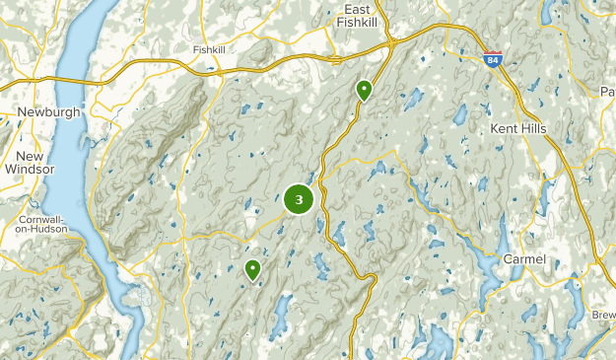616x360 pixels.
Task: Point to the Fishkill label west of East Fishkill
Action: point(210,49)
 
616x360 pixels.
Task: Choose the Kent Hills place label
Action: point(517,130)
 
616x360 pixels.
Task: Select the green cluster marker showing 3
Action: point(299,199)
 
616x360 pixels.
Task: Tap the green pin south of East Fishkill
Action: point(365,91)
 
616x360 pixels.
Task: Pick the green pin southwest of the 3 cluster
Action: point(253,268)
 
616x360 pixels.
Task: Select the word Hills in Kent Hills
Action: point(531,130)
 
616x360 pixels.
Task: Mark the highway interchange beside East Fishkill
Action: point(391,43)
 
